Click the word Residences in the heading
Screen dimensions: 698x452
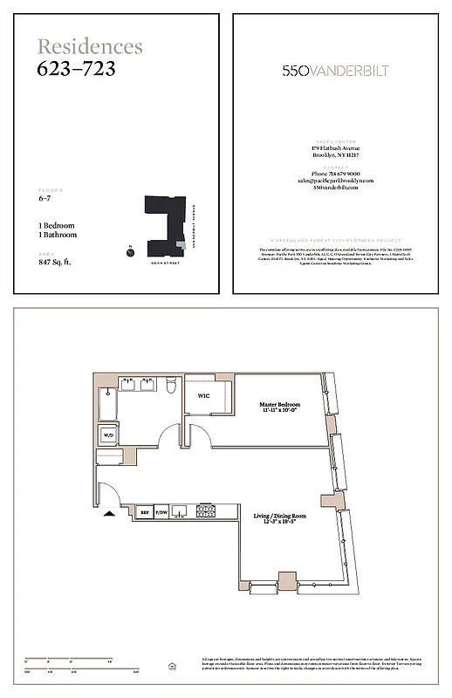89,47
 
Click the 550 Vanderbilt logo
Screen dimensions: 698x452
341,71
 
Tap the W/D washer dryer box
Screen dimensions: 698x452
109,434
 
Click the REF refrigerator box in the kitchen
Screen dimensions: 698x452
144,513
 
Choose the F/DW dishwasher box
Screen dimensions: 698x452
161,513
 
